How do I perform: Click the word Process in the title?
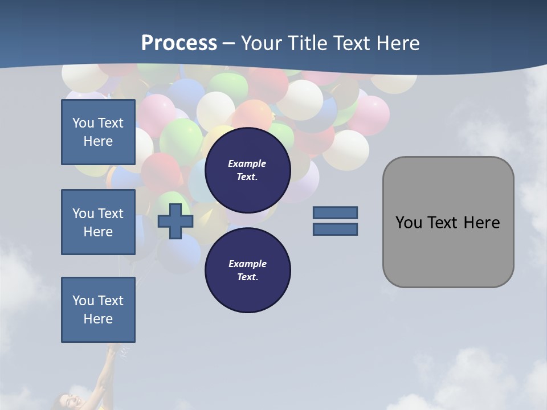pos(179,43)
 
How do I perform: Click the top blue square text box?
pos(98,132)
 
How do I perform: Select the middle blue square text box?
pos(98,222)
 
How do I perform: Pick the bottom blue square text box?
pos(98,310)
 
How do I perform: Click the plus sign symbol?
pos(175,221)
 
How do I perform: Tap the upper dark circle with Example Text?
pos(247,170)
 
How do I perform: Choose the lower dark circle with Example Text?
pos(247,270)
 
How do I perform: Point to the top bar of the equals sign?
pos(335,212)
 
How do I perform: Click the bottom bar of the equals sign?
pos(335,229)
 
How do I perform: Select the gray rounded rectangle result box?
pos(448,251)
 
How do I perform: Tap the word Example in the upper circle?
pos(247,163)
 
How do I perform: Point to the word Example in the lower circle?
pos(247,264)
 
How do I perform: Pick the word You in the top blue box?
pos(83,123)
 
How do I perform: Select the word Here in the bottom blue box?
pos(98,319)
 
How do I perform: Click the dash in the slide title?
pos(228,43)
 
